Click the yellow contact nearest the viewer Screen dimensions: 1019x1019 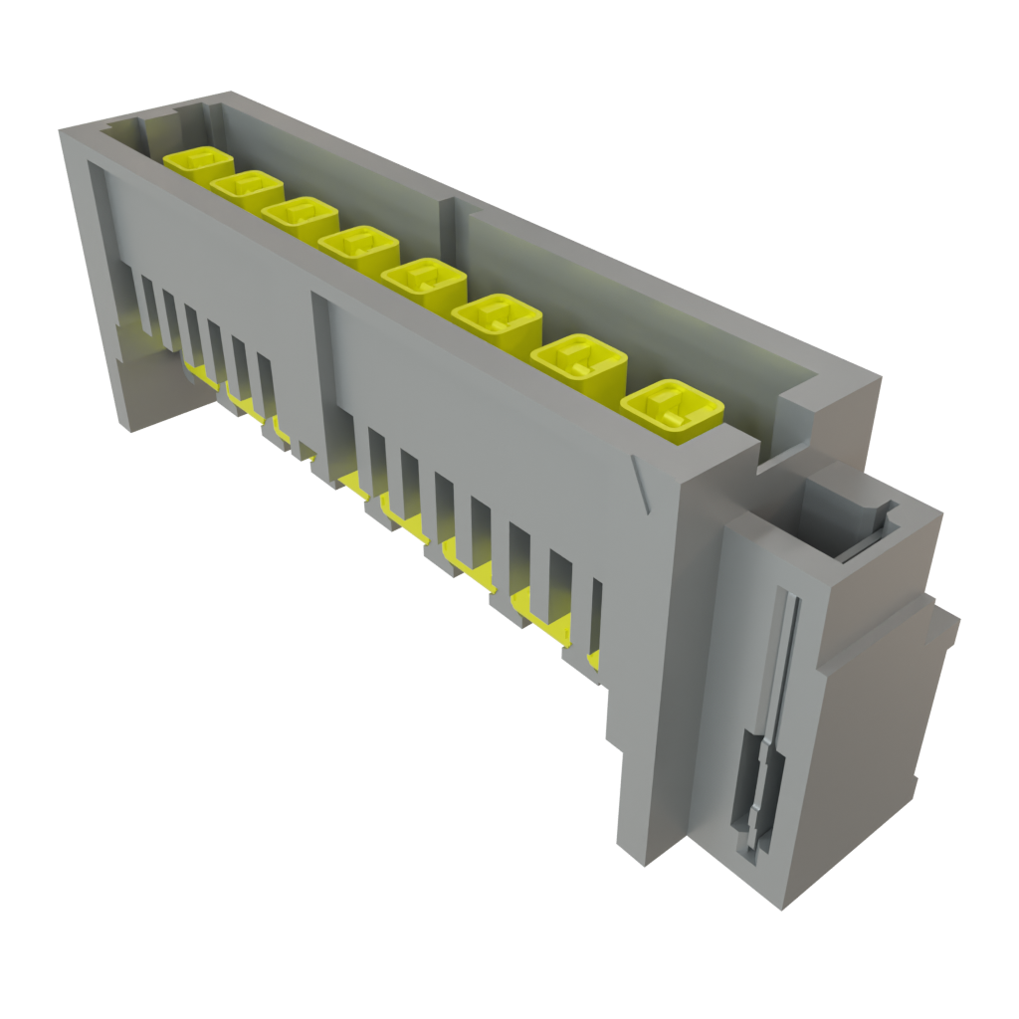click(x=672, y=408)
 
